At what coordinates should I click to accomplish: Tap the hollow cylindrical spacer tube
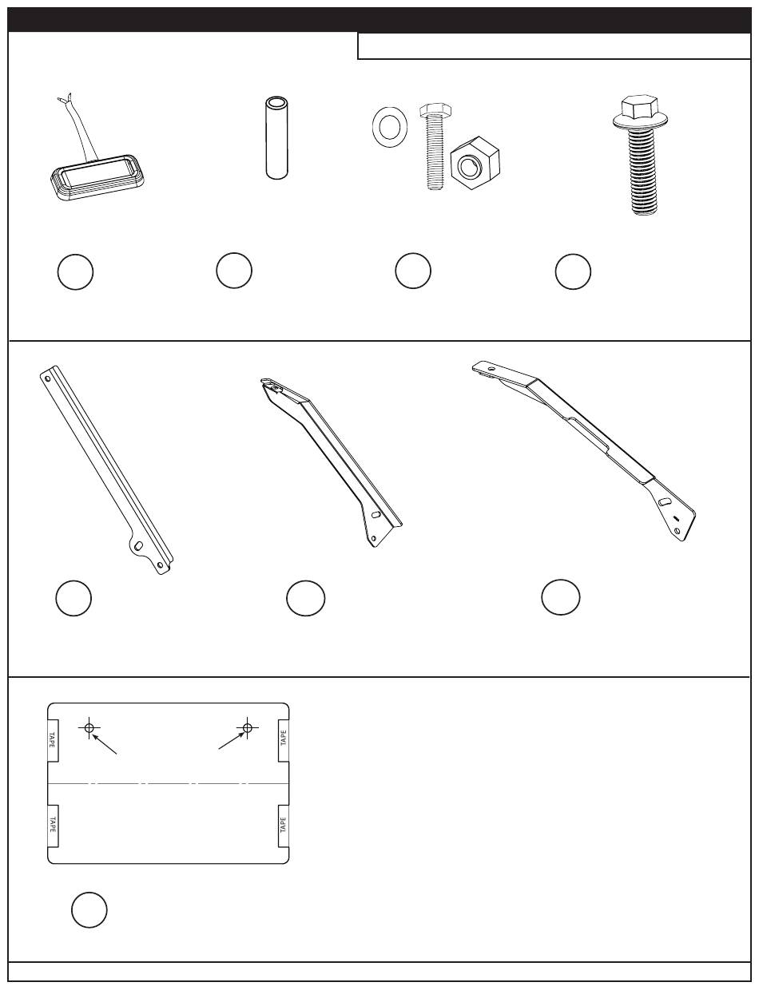point(276,137)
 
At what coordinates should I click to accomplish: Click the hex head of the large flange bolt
point(640,107)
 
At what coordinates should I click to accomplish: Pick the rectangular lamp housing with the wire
point(97,177)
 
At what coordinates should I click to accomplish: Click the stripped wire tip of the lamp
point(65,97)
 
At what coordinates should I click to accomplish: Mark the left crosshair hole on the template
point(89,727)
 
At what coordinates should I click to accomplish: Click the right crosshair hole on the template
point(248,727)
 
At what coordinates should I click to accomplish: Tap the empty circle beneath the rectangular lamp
point(75,271)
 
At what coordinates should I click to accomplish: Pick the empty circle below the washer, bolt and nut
point(413,271)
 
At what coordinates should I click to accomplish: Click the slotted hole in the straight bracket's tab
point(138,545)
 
